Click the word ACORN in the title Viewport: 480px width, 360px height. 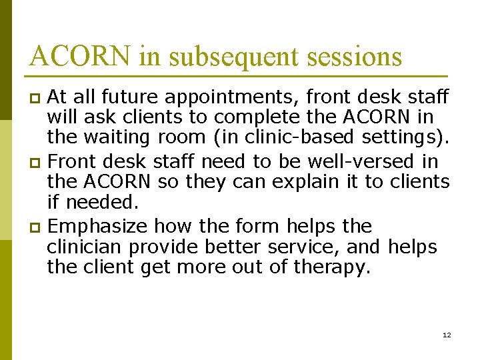(x=81, y=56)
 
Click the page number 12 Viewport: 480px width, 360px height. (x=447, y=334)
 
